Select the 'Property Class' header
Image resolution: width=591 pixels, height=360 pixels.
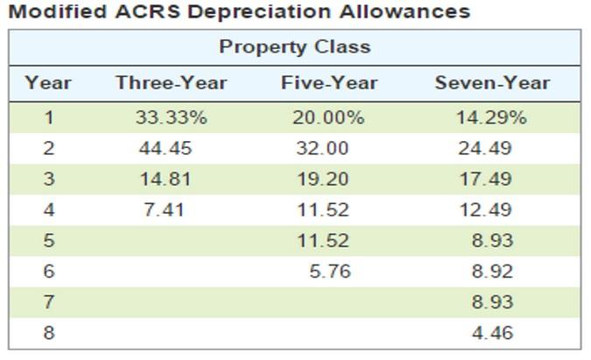[294, 46]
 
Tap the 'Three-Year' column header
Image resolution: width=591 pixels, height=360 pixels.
[171, 83]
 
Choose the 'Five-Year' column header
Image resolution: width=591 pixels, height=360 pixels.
[329, 83]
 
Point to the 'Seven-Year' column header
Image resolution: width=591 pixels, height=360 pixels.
[492, 83]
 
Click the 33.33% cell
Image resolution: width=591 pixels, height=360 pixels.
[171, 117]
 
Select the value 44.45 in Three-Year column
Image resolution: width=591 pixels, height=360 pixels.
[165, 148]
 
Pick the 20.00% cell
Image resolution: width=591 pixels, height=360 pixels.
[328, 117]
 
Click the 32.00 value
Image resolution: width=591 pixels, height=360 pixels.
[322, 148]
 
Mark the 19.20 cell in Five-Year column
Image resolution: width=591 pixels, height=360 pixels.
[322, 179]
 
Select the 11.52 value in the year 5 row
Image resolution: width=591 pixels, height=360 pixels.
[322, 240]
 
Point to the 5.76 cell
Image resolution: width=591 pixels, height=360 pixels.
[329, 272]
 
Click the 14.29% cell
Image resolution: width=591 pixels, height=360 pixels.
[491, 117]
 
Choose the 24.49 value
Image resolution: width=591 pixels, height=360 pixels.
[485, 148]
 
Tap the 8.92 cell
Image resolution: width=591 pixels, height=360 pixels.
[492, 272]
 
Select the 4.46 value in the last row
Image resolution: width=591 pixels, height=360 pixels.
[492, 333]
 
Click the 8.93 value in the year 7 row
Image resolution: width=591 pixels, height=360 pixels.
[492, 302]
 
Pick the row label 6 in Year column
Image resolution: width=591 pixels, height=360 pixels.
[48, 272]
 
